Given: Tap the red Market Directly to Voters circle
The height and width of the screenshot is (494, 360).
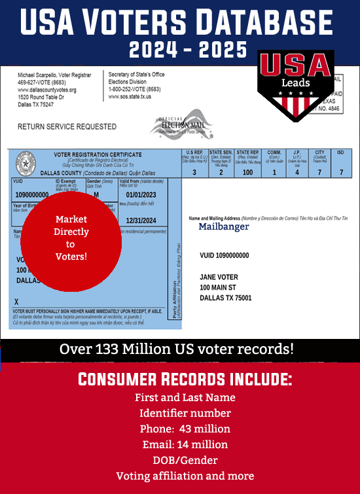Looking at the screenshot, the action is coord(71,238).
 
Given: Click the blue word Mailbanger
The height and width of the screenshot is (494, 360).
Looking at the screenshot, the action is coord(224,226).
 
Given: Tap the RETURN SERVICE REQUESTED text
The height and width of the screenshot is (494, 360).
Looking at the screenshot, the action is coord(58,126).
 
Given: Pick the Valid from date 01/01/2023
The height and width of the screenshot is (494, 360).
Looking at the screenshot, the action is coord(142,195).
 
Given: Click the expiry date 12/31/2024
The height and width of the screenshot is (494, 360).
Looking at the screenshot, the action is coord(142,220).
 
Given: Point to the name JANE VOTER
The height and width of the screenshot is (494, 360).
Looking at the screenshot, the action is coord(219,277).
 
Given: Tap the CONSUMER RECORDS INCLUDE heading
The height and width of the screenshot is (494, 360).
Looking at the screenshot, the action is coord(185,379).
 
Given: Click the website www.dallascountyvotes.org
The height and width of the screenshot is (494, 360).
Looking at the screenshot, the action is coord(47,90).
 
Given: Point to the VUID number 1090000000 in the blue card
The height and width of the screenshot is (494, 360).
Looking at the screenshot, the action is coord(31,195).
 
